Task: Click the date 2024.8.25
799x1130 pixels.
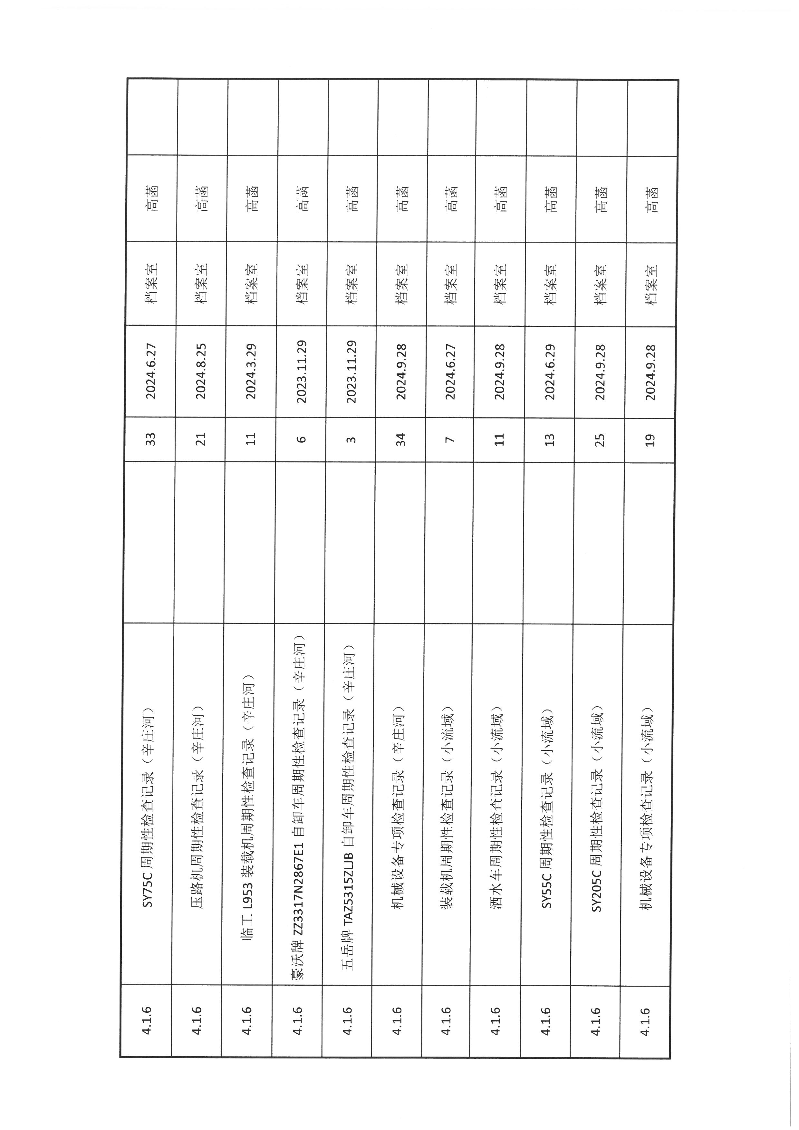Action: (x=201, y=372)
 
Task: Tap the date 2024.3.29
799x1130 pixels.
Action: (x=251, y=372)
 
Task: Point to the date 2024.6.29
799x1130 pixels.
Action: (x=550, y=372)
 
